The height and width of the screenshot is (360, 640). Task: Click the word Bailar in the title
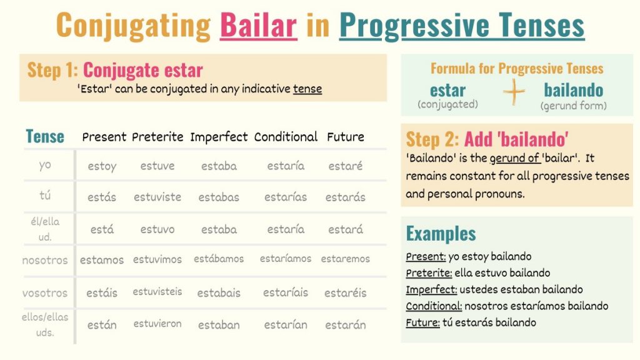258,25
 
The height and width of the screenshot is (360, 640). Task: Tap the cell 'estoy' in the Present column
102,166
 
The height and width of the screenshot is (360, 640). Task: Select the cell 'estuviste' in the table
157,197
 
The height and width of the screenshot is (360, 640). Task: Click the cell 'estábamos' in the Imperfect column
219,259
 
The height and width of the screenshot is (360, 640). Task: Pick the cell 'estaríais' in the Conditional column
286,292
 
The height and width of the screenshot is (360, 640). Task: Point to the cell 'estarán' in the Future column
346,324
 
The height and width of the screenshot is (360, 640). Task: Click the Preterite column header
157,136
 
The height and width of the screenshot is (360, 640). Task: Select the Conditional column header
286,136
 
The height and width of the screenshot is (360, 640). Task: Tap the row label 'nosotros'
45,259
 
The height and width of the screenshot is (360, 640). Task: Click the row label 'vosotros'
45,292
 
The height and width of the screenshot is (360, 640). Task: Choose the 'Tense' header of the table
45,136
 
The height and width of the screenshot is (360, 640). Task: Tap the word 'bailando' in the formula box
573,89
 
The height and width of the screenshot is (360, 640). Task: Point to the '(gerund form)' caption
573,106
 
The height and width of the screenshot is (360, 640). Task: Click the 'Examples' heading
441,233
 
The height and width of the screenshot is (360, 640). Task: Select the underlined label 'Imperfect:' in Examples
431,290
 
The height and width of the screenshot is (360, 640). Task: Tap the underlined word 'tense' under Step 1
307,89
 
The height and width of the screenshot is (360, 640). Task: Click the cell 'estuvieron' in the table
157,324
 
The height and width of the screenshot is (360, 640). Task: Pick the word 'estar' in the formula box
447,89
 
